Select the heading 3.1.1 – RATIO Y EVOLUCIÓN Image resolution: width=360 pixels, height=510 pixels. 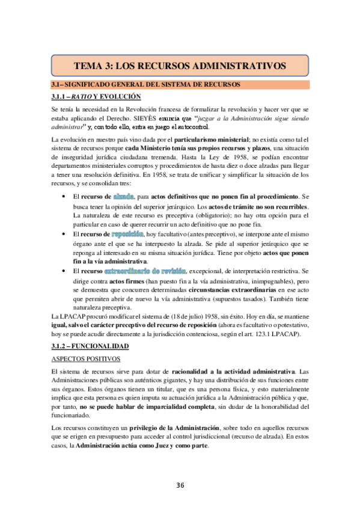point(96,96)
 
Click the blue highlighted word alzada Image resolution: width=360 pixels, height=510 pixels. point(123,197)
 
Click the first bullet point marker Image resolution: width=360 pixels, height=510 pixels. point(64,197)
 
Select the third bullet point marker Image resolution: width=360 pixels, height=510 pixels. point(64,271)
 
